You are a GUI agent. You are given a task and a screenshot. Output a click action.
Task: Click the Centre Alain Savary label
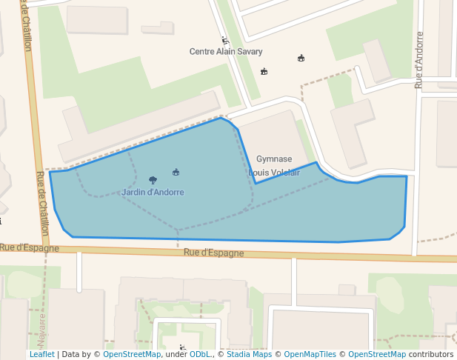(x=226, y=52)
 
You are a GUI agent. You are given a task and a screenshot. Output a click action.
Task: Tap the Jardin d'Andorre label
(x=153, y=193)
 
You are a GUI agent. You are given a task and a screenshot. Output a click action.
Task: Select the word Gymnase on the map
(x=274, y=159)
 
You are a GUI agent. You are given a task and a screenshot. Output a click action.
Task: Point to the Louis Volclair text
(x=274, y=173)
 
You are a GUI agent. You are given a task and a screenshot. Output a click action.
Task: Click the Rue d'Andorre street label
(x=419, y=60)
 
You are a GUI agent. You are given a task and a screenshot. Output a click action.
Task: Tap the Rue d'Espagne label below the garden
(x=213, y=253)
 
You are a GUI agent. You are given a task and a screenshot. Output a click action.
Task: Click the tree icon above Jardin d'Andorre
(x=153, y=180)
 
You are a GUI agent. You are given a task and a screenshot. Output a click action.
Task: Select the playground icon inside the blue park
(x=176, y=173)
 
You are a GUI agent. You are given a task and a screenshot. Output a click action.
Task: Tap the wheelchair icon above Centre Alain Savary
(x=224, y=40)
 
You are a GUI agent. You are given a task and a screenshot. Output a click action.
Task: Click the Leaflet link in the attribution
(x=41, y=355)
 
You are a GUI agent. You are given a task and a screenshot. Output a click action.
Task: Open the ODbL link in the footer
(x=200, y=355)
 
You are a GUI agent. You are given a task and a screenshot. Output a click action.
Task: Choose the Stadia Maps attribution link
(x=249, y=355)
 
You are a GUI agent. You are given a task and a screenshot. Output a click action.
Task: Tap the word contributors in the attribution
(x=431, y=355)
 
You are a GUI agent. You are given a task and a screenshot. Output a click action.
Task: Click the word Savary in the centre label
(x=249, y=52)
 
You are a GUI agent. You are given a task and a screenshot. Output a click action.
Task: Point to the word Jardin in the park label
(x=133, y=193)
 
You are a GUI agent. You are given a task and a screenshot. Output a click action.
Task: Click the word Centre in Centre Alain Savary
(x=203, y=52)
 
